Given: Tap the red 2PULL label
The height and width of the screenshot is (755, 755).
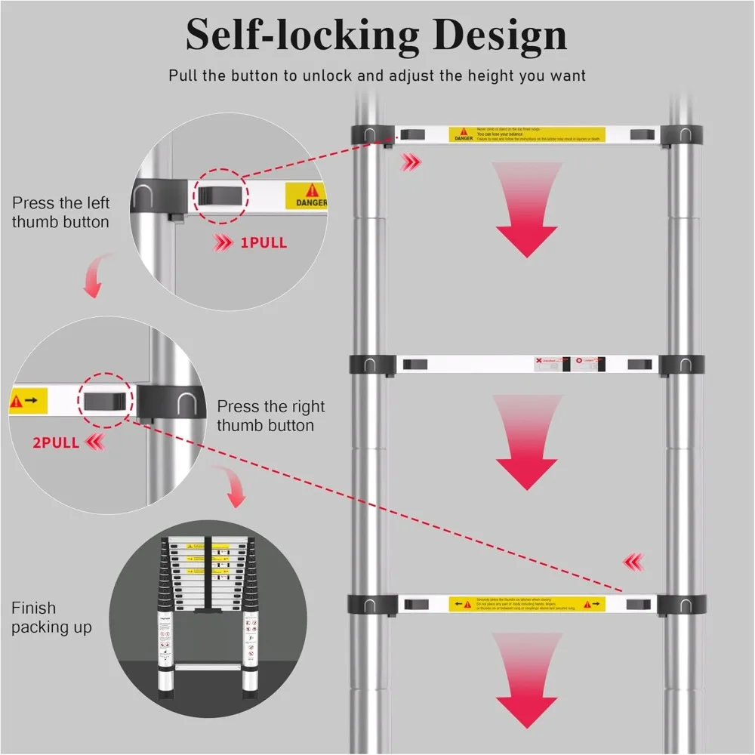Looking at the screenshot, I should click(x=56, y=442).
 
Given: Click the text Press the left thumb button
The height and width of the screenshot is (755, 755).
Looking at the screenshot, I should click(x=60, y=212).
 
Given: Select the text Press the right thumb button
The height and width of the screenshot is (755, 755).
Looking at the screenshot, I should click(x=271, y=416).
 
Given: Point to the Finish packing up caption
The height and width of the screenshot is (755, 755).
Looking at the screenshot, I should click(x=51, y=618).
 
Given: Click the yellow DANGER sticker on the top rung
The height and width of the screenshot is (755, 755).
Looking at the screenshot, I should click(x=527, y=134).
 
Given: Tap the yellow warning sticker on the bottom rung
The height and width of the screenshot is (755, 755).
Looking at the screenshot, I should click(x=527, y=604).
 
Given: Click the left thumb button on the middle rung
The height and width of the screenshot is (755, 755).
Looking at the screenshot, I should click(x=414, y=365).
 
